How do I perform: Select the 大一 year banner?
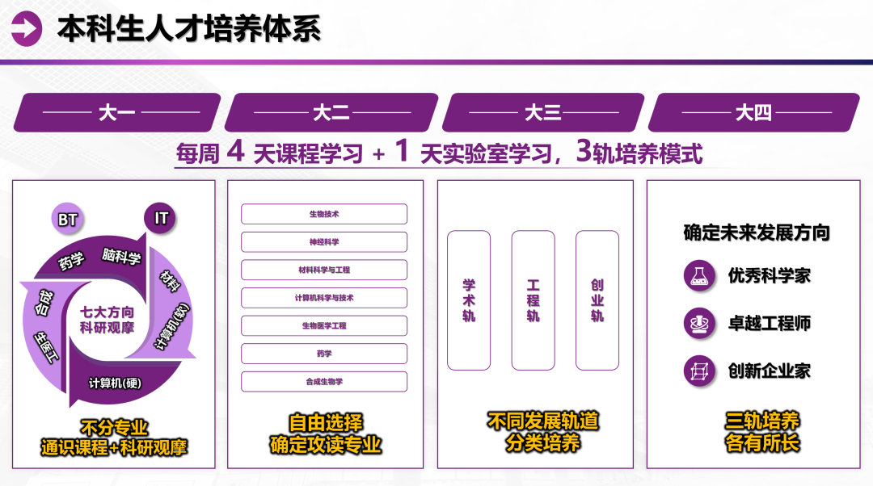117,112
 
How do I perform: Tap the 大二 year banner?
331,112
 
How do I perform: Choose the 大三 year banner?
543,112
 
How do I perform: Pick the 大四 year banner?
753,112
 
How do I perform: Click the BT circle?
67,218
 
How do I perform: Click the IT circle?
160,218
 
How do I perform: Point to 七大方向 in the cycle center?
113,312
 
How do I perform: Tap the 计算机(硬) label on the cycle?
115,382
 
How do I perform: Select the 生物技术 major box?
324,214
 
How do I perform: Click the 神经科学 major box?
324,242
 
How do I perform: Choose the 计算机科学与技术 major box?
324,298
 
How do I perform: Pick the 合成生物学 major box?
324,382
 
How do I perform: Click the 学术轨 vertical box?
469,300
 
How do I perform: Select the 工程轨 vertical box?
533,300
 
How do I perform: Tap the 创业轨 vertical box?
597,300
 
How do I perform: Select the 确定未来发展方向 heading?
757,233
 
